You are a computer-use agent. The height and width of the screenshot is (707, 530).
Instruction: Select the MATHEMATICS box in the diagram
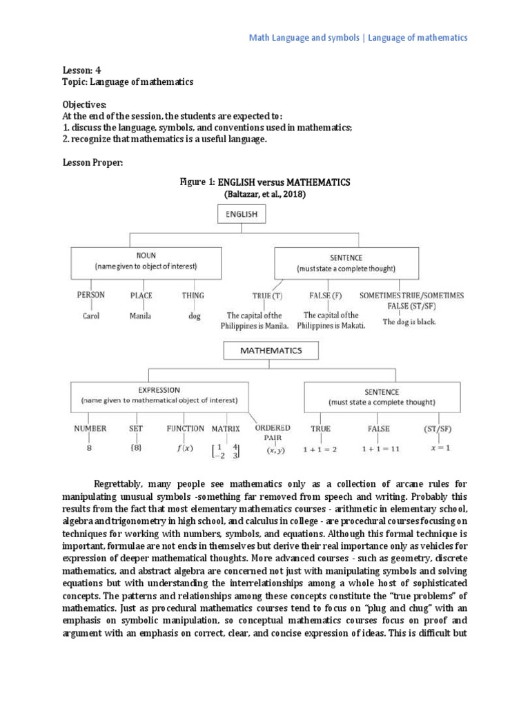[x=271, y=351]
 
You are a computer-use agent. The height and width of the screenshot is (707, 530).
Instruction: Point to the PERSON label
[x=91, y=296]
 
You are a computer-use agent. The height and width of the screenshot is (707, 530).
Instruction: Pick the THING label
[x=193, y=296]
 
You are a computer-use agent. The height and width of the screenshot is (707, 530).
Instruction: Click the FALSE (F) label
[x=326, y=296]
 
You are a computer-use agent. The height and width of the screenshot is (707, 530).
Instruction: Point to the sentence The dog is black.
[x=409, y=322]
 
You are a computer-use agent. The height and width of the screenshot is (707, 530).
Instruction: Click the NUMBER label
[x=90, y=429]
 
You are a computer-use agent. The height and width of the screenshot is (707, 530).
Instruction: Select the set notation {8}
[x=135, y=447]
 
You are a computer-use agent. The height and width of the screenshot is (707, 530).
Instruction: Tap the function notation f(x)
[x=185, y=448]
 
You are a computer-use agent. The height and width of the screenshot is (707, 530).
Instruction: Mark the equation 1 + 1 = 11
[x=378, y=448]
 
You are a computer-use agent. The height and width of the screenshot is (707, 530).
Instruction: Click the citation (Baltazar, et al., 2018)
[x=265, y=195]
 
